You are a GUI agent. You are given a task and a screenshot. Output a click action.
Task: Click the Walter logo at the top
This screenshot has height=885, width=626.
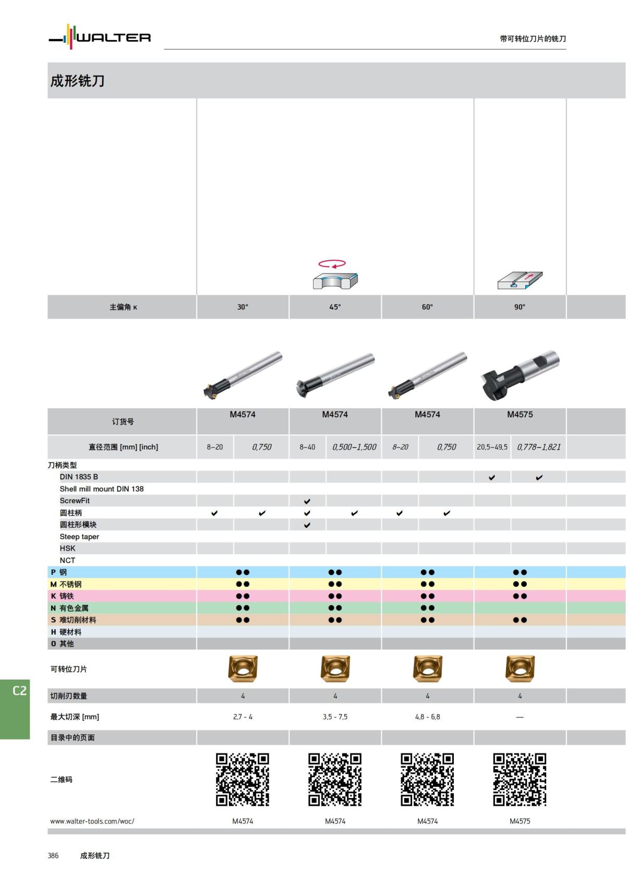point(100,37)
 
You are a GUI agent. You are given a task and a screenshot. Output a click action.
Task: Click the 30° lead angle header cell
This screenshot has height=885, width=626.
point(243,307)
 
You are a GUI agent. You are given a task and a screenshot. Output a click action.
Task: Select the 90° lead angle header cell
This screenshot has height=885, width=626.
point(520,307)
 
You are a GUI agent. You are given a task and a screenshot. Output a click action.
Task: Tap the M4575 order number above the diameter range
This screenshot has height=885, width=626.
point(520,415)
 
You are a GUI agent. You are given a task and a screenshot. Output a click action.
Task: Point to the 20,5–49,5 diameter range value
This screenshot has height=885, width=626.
point(492,447)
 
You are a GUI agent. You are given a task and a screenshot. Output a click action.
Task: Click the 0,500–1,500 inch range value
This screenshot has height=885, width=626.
point(354,447)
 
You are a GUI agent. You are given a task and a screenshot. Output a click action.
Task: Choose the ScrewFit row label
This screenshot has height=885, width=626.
point(75,501)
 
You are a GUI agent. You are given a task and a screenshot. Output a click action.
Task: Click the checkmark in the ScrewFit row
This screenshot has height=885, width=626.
point(307,501)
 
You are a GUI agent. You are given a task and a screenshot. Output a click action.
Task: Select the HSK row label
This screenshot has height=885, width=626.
point(67,548)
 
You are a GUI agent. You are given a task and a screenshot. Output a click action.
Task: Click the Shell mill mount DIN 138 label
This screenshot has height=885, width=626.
point(102,489)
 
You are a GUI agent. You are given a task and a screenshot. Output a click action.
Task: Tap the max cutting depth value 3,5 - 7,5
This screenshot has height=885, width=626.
point(335,717)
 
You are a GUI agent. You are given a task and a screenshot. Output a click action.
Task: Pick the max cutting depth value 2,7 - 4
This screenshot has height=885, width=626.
point(243,717)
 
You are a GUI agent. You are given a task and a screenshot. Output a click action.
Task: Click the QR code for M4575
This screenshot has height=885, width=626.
point(520,779)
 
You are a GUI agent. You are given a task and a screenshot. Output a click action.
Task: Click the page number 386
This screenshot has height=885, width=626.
point(53,856)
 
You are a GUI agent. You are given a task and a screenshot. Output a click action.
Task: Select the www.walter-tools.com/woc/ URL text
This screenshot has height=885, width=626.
point(92,821)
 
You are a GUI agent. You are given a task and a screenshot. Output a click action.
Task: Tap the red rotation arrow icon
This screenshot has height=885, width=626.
point(332,263)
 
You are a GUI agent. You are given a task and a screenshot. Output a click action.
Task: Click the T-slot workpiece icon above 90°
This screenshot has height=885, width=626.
point(520,280)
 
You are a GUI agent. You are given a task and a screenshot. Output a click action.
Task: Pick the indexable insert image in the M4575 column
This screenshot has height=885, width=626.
point(520,669)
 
